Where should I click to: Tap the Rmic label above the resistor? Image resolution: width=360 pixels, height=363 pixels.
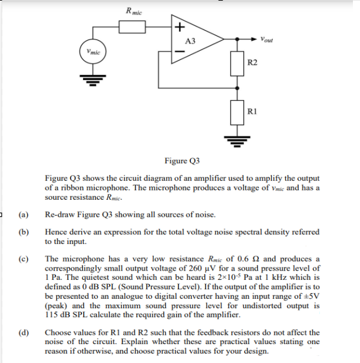pos(133,10)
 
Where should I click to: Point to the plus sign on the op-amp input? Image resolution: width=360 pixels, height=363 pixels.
pos(180,27)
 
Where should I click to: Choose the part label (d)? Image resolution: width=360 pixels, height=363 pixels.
pos(24,332)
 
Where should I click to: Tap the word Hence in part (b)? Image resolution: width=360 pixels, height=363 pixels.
pos(56,232)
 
